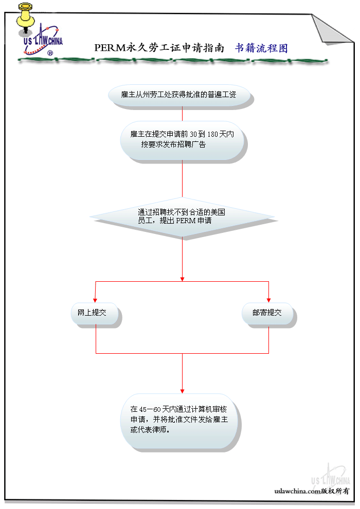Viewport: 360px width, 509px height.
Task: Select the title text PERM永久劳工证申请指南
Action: (x=159, y=48)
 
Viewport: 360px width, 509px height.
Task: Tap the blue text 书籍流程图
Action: (x=261, y=48)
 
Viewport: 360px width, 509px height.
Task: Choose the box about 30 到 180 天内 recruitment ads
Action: (x=182, y=139)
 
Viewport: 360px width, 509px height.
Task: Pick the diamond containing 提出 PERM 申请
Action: (x=182, y=216)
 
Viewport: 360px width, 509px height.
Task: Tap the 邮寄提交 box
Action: (x=268, y=313)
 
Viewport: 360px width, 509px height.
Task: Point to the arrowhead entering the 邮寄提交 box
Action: (x=269, y=300)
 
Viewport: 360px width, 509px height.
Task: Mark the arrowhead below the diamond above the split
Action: (x=182, y=278)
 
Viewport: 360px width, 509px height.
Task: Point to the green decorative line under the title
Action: (x=172, y=60)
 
